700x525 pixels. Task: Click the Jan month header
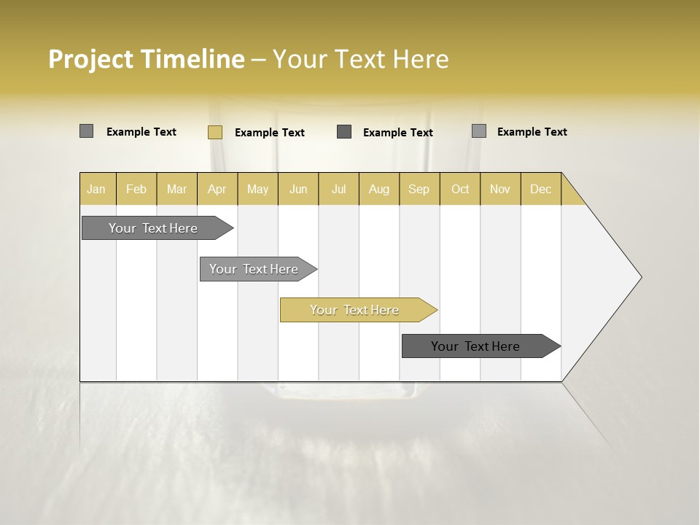96,189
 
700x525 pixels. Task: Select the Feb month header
136,189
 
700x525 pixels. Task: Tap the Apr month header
217,189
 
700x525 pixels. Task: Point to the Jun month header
298,189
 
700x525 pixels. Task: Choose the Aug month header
378,189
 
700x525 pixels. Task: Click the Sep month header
419,189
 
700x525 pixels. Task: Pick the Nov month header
499,189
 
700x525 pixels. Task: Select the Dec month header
540,189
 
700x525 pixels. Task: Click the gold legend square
214,132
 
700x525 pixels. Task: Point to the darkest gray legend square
344,132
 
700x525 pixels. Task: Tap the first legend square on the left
86,131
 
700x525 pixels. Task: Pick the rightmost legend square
478,131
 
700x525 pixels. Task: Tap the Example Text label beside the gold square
269,133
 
